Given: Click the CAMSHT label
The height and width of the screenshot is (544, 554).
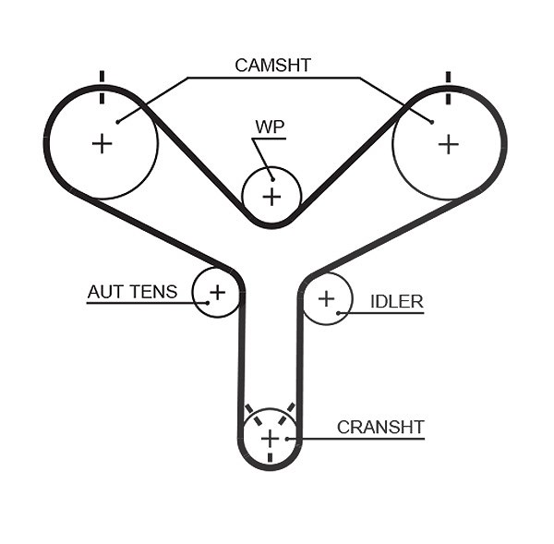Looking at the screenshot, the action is [x=272, y=66].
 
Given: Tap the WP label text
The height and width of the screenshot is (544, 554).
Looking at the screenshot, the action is [x=270, y=127].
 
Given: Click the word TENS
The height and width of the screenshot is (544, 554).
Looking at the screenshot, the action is [x=153, y=292].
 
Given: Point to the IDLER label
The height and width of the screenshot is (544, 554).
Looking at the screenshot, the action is [x=396, y=302].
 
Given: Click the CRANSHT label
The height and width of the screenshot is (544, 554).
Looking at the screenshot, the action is [x=380, y=428].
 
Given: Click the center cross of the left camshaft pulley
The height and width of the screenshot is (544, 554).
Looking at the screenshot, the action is [x=102, y=144].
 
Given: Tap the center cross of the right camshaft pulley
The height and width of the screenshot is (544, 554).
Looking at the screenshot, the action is [x=449, y=145].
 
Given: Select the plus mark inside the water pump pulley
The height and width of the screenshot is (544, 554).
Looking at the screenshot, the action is [x=272, y=197].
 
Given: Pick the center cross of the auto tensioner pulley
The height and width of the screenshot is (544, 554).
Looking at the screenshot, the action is [x=218, y=293].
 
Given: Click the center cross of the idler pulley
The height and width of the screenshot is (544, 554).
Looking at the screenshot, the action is [x=327, y=299].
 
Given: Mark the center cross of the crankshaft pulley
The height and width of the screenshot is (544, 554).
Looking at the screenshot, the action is [x=271, y=440].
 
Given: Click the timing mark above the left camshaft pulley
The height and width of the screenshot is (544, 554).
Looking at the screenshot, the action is [x=102, y=88].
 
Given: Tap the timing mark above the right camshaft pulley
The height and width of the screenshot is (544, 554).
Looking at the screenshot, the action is [x=449, y=88].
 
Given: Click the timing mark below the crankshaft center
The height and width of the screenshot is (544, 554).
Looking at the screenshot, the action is [x=271, y=457].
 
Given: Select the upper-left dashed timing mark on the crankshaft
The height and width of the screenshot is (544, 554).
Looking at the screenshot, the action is [x=253, y=415].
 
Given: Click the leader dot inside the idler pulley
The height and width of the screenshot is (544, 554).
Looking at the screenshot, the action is [x=338, y=313].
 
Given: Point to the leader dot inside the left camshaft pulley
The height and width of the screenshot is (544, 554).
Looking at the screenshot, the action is [x=118, y=122].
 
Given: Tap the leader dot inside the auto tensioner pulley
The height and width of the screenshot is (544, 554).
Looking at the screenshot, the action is [x=208, y=303].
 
